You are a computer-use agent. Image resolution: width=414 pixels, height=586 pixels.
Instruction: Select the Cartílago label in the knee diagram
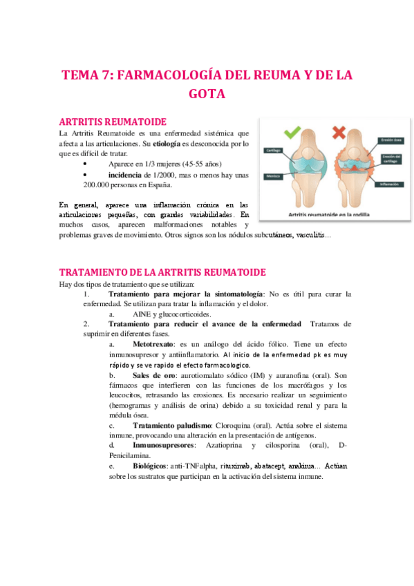tap(271, 150)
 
